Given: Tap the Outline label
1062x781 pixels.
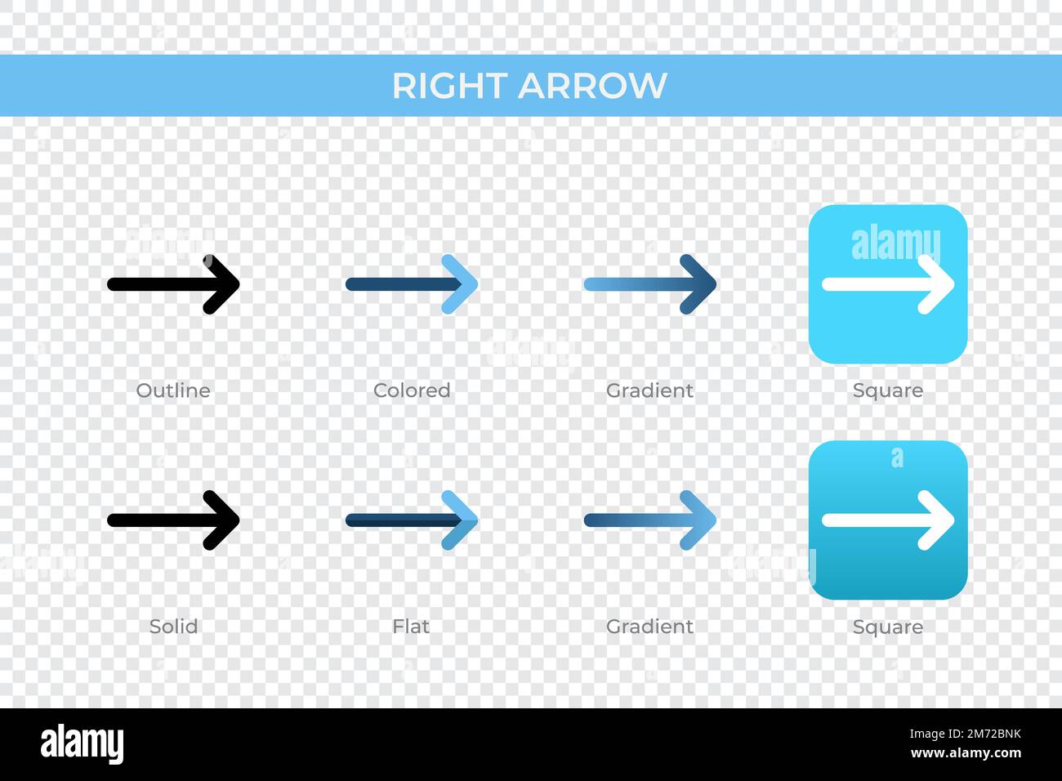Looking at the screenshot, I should point(173,390).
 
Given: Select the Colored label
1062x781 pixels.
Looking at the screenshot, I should point(412,390).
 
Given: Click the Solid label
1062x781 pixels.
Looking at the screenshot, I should point(173,627).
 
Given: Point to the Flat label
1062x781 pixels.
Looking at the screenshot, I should point(411,627).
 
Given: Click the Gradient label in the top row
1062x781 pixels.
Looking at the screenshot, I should point(649,390).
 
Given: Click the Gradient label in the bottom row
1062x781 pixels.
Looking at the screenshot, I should point(649,627).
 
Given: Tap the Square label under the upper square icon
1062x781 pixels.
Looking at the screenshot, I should point(888,390).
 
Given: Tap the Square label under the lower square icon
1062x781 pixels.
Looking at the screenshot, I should point(888,627).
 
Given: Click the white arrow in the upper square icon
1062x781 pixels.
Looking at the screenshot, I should point(888,284).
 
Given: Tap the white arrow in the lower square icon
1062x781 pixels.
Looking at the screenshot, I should point(888,520).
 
